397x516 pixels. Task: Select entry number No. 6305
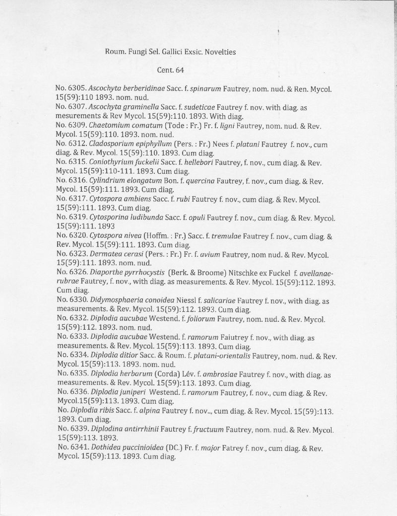click(70, 87)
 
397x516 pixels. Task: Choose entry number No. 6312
click(70, 144)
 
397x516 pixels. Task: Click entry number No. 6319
click(70, 218)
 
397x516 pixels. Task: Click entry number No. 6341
click(70, 448)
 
